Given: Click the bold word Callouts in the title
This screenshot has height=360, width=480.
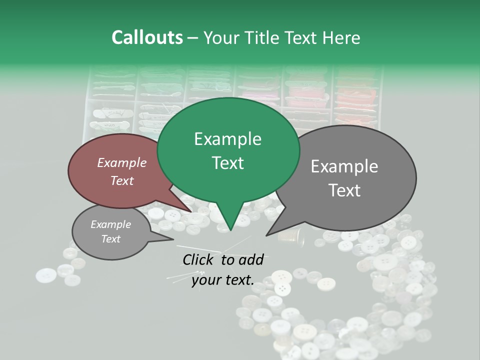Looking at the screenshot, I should [x=147, y=37].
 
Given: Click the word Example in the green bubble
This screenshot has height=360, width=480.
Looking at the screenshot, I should [x=227, y=139].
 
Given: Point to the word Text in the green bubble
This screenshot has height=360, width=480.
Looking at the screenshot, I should [x=227, y=163].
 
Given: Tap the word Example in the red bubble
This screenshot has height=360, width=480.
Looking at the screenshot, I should [x=121, y=162].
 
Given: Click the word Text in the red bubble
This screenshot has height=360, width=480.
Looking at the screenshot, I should [x=121, y=180].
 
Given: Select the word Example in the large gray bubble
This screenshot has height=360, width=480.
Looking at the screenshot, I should [x=344, y=166].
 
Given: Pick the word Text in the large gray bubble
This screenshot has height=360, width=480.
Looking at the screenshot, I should [x=344, y=190].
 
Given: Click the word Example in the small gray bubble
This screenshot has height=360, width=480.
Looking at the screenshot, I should [x=110, y=224].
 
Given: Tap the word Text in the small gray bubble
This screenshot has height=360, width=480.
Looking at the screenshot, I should [x=110, y=239].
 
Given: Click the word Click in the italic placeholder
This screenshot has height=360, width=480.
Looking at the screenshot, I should [x=199, y=259].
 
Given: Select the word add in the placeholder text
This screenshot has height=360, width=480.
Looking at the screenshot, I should [x=251, y=259].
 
